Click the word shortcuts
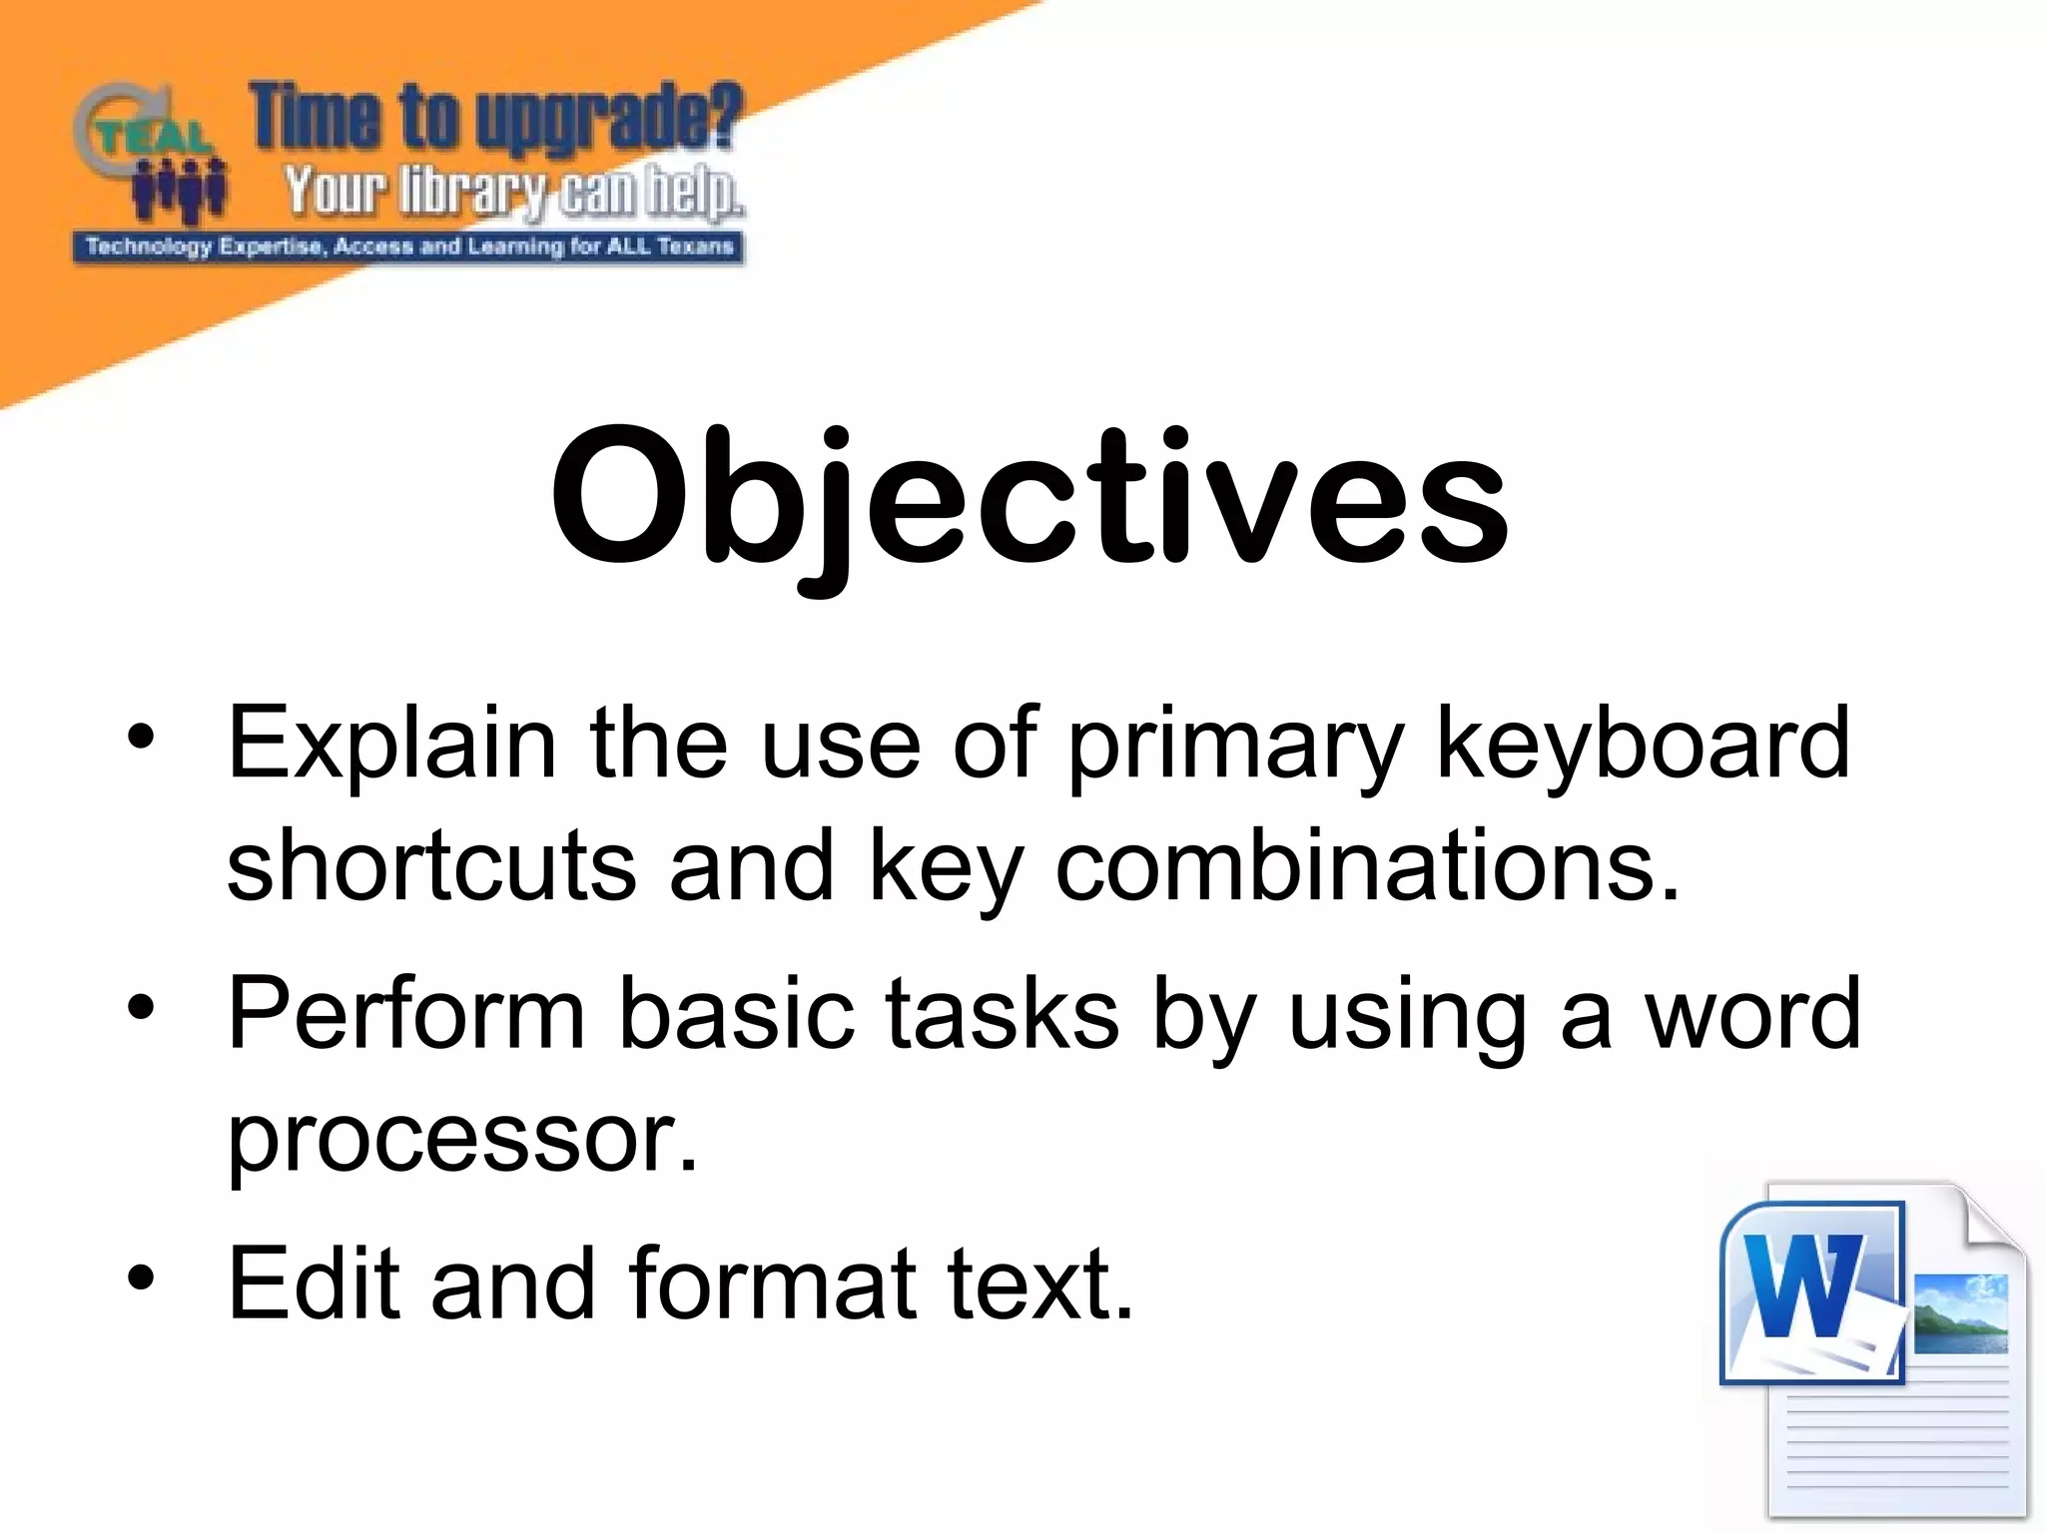(431, 864)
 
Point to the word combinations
(1368, 864)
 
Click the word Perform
(405, 1014)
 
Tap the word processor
(462, 1138)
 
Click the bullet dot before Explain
(142, 739)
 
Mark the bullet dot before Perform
(142, 1008)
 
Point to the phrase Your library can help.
(513, 192)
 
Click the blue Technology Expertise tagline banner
(409, 247)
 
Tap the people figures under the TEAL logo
(180, 192)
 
